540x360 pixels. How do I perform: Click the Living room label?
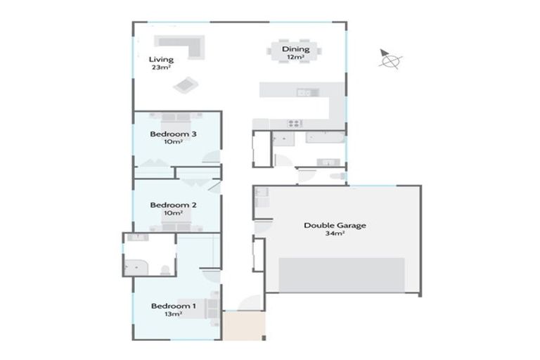[162, 60]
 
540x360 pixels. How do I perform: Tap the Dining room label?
[295, 49]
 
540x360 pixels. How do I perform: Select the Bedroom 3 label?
[173, 134]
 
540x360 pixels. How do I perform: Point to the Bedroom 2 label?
[173, 205]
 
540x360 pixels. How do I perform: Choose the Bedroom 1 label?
[173, 307]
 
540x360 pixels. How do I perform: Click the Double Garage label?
[335, 226]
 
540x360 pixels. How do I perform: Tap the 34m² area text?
[335, 233]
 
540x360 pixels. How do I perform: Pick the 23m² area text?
[161, 68]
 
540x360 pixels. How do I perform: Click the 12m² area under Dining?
[295, 58]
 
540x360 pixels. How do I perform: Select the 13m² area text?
[173, 314]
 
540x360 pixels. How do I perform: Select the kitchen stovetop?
[294, 124]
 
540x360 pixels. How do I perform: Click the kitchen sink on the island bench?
[304, 92]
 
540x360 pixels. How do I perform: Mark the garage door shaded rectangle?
[342, 274]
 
